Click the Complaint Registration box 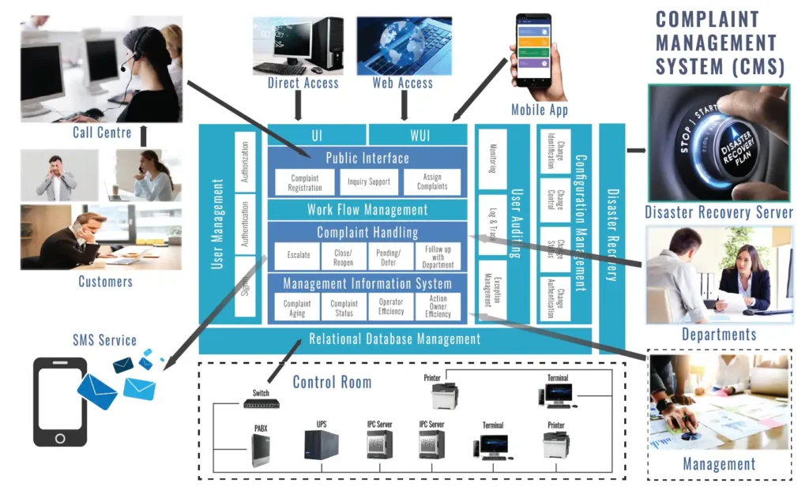305,182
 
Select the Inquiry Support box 368,182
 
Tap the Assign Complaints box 431,182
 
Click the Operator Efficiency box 391,307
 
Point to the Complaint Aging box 297,307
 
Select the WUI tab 420,135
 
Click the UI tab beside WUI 316,135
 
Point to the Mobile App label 540,110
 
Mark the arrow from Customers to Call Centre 144,136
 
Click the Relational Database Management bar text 394,339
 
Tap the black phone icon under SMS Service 60,402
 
